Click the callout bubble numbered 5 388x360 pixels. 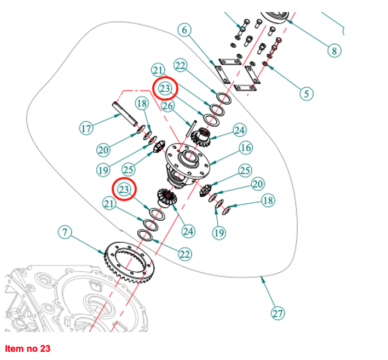(x=307, y=93)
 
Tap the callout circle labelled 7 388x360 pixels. (x=65, y=232)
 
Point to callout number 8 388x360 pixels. (x=333, y=51)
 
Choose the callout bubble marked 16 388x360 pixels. (x=245, y=148)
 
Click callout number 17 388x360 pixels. (x=86, y=129)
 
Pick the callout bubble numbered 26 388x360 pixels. (x=167, y=106)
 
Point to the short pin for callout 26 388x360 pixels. (x=192, y=129)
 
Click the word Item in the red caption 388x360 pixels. (x=13, y=348)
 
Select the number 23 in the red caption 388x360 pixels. (x=44, y=348)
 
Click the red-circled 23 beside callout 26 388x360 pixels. (x=166, y=88)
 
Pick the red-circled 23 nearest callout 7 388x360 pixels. (x=124, y=189)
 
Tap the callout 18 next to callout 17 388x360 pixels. (x=142, y=104)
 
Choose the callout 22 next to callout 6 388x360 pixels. (x=181, y=65)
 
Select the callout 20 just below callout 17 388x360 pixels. (x=104, y=149)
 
